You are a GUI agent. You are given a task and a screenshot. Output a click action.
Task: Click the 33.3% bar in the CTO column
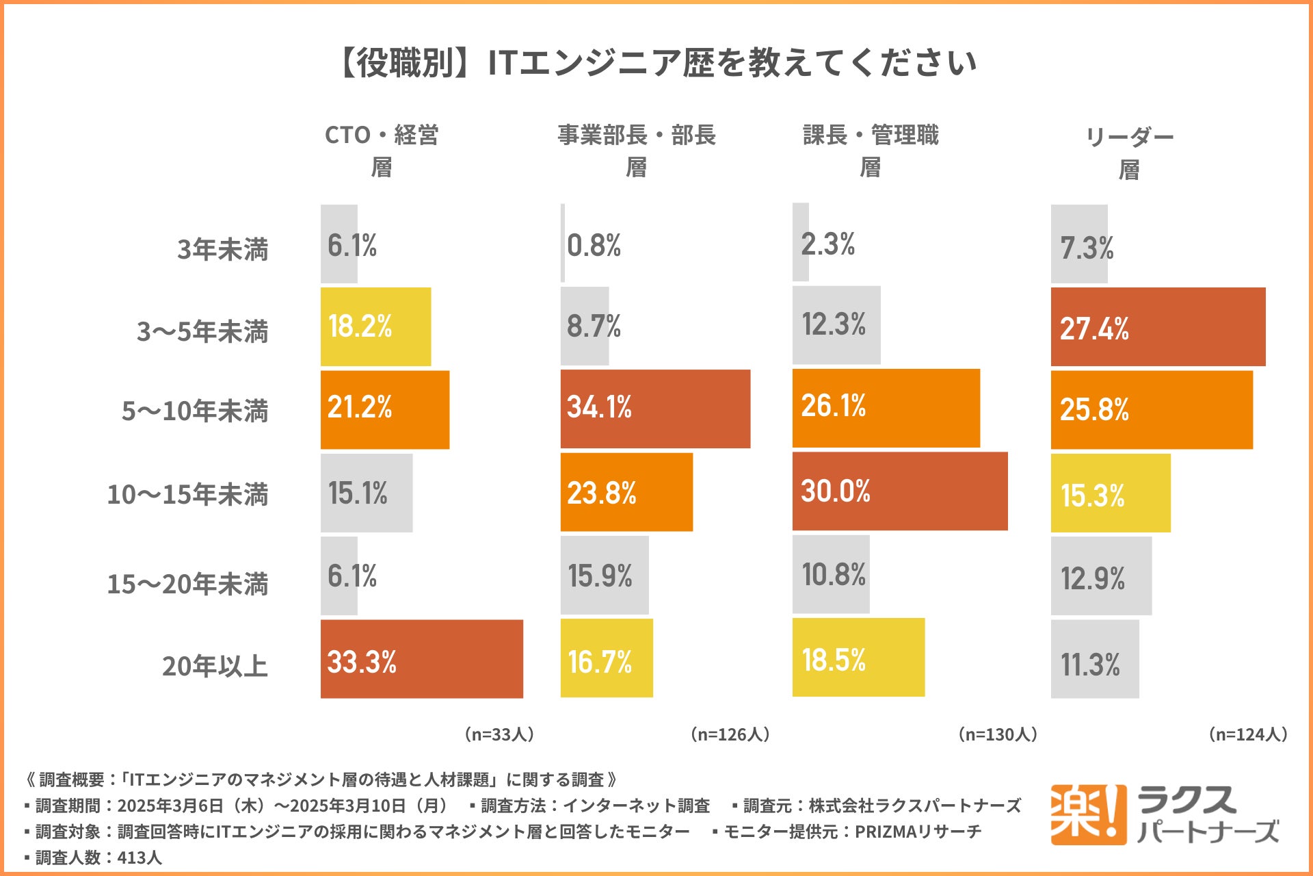[421, 659]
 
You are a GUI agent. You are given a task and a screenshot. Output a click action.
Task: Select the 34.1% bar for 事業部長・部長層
[655, 409]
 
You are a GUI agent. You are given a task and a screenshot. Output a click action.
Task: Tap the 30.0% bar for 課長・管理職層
[899, 491]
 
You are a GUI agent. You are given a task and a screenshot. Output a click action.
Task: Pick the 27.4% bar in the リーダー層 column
[1158, 327]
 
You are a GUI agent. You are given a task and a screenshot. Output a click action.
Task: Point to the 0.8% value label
[594, 245]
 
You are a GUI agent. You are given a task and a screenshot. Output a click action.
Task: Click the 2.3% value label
[827, 244]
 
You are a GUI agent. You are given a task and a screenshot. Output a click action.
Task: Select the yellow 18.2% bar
[375, 326]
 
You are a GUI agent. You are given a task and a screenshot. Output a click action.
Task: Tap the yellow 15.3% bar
[1110, 493]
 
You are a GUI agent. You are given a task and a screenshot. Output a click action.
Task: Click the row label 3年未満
[222, 249]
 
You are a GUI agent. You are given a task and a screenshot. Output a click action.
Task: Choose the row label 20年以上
[214, 666]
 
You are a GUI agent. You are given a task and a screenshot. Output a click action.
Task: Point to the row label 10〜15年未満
[187, 494]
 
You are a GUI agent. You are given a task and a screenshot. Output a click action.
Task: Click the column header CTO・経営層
[382, 151]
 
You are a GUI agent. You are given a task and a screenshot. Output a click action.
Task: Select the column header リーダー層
[1129, 153]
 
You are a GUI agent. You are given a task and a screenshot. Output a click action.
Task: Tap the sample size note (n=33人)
[499, 734]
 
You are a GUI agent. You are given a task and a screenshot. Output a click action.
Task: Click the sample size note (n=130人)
[998, 734]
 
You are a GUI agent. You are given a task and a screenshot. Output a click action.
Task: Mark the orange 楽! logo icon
[1088, 814]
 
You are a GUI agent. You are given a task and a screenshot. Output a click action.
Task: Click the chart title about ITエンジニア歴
[656, 63]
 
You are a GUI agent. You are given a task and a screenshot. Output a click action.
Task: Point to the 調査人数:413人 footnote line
[94, 858]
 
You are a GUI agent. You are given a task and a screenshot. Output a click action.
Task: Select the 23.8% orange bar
[626, 492]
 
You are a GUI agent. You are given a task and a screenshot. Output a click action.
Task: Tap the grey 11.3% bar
[1094, 659]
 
